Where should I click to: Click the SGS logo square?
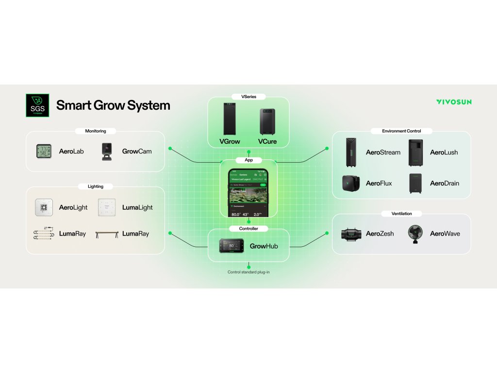click(37, 105)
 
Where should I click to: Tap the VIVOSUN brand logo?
click(453, 102)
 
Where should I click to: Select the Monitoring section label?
click(96, 131)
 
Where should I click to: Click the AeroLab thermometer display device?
click(45, 152)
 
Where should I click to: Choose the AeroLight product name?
click(73, 207)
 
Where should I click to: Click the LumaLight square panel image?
click(107, 207)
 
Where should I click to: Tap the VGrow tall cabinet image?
click(230, 119)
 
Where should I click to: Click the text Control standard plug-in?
click(248, 272)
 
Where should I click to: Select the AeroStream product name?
click(383, 153)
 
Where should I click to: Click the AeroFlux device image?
click(351, 183)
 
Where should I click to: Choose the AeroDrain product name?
click(444, 184)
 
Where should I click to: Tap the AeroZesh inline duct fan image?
click(351, 234)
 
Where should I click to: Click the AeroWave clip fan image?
click(415, 233)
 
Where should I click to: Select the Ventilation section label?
click(401, 214)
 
